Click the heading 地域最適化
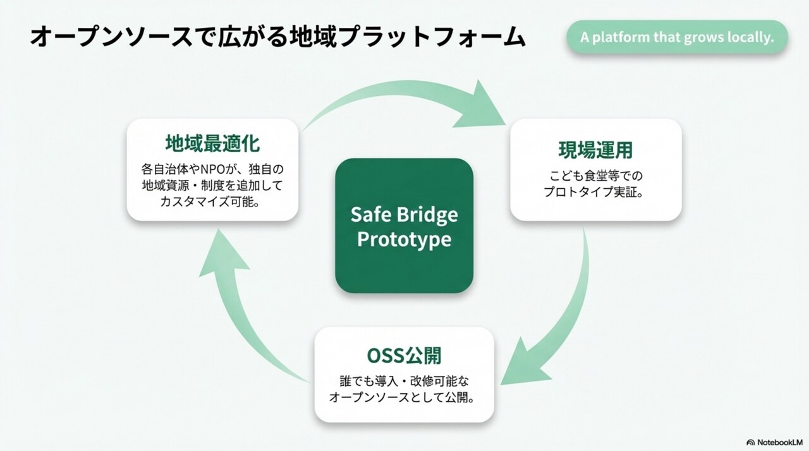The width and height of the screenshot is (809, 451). [212, 143]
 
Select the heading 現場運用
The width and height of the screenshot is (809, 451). [595, 150]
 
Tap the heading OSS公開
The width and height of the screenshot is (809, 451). [404, 356]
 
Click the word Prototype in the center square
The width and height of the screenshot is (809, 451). [404, 239]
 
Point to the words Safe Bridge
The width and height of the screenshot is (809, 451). [404, 214]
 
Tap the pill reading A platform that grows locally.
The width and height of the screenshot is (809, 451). [677, 37]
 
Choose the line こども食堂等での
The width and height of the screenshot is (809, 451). [596, 176]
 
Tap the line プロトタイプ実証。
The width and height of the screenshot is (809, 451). [595, 192]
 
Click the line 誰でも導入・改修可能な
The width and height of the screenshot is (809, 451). [404, 382]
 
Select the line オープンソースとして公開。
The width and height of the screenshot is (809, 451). [402, 397]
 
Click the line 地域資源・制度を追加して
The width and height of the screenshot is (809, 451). [212, 186]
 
